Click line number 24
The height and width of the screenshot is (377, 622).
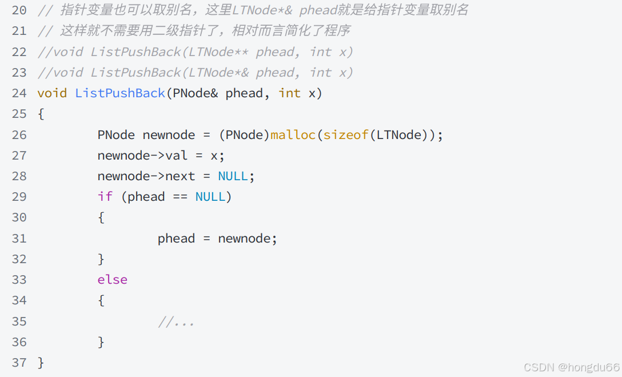click(19, 93)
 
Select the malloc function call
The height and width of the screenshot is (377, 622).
click(293, 135)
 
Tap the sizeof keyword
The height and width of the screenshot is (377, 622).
click(346, 135)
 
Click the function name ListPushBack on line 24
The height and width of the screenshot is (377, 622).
click(120, 93)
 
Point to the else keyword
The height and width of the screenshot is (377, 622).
click(112, 280)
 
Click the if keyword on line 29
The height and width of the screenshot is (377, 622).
click(105, 197)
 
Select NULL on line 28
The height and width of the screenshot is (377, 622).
click(233, 176)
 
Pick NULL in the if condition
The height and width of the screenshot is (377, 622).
click(210, 197)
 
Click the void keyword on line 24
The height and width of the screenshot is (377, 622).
click(52, 93)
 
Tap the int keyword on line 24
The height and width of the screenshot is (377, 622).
click(289, 93)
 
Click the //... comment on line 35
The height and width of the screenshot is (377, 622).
click(176, 322)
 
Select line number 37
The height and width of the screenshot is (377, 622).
click(19, 363)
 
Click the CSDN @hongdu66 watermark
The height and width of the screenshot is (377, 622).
click(571, 367)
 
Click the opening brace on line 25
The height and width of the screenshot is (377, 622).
click(41, 114)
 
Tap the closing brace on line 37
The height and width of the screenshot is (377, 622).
click(41, 363)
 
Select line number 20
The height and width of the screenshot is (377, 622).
click(19, 10)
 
